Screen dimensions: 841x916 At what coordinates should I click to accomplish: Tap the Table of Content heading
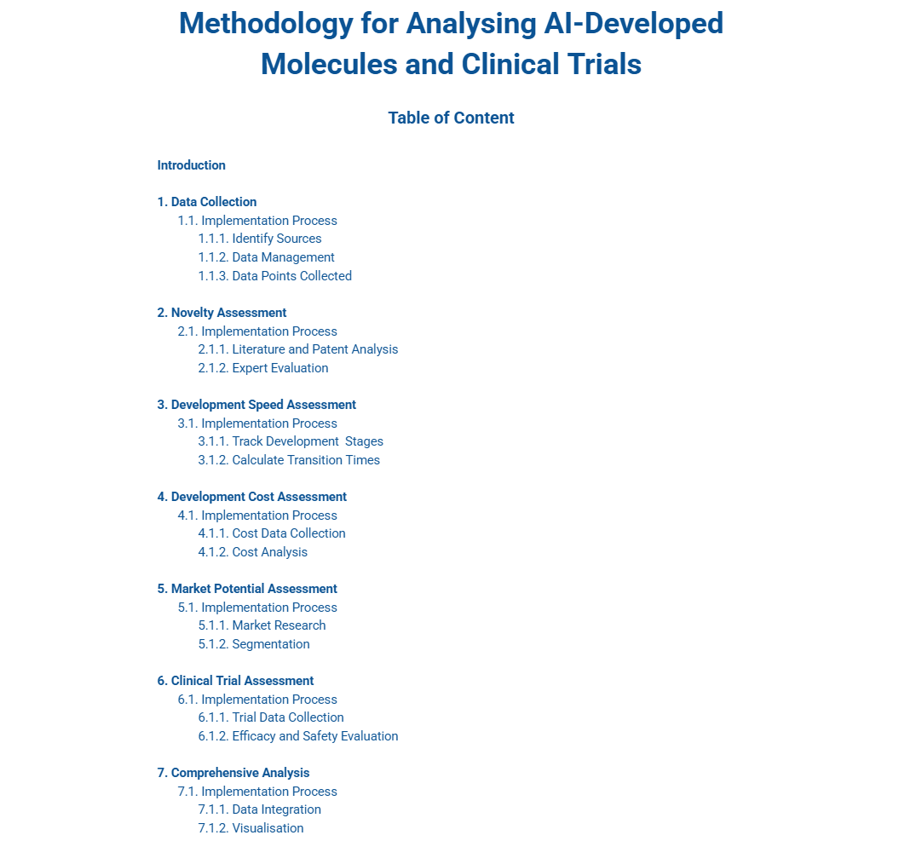tap(451, 118)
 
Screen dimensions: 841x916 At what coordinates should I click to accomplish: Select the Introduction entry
tap(192, 165)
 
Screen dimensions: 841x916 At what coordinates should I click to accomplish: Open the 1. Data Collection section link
tap(207, 202)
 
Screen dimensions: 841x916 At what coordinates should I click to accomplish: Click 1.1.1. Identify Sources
tap(260, 239)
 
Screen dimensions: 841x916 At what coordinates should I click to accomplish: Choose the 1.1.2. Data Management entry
tap(266, 257)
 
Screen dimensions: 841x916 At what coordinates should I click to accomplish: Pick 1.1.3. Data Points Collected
tap(274, 276)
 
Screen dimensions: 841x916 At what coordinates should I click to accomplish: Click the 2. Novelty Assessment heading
tap(222, 313)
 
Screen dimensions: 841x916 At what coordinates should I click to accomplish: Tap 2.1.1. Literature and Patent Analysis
tap(298, 349)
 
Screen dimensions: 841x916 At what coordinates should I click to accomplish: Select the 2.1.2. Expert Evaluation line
tap(263, 368)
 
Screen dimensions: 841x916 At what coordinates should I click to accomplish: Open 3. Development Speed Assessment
tap(256, 405)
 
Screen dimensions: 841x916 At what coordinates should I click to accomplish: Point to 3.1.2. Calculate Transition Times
tap(289, 460)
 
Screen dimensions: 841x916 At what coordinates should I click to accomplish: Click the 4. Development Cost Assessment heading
tap(252, 497)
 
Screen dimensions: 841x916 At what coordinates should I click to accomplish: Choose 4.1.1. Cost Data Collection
tap(272, 533)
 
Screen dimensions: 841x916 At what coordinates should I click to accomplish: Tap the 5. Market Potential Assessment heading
tap(247, 589)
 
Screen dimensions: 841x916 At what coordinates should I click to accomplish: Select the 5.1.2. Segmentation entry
tap(254, 644)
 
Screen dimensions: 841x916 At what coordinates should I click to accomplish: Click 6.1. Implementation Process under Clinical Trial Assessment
tap(257, 700)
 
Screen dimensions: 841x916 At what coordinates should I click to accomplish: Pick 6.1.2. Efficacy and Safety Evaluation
tap(298, 736)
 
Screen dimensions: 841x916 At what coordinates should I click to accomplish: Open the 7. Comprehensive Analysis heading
tap(233, 773)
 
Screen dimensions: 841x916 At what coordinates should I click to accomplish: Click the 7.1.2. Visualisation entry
tap(251, 828)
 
